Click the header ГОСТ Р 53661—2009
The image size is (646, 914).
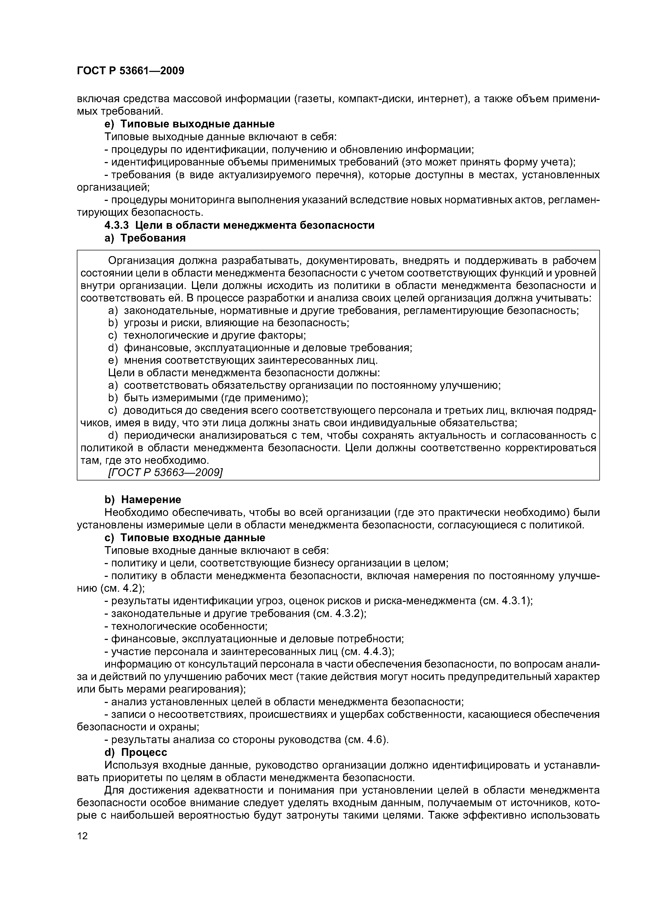(130, 71)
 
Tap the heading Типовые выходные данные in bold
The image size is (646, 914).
(197, 124)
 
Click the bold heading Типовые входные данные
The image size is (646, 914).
(193, 538)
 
